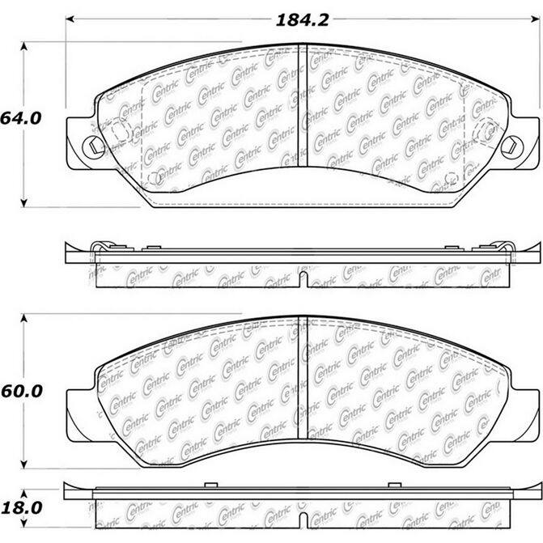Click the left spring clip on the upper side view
100,247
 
